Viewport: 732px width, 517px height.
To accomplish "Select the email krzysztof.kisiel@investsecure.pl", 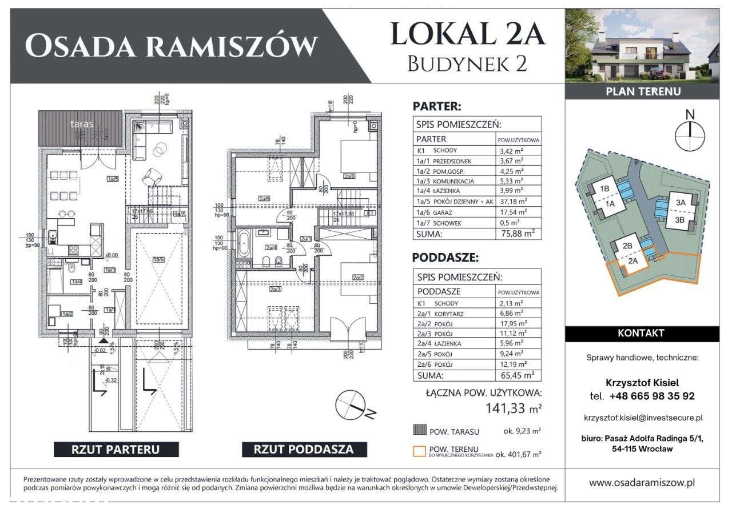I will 642,418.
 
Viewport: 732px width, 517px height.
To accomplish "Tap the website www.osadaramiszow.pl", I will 642,483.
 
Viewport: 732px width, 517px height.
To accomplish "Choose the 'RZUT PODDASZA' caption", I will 304,449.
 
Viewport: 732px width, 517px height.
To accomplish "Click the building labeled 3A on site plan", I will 681,202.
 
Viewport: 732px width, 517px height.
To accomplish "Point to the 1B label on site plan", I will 604,189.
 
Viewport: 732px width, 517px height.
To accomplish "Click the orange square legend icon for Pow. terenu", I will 420,452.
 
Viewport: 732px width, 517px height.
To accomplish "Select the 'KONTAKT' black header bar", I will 642,333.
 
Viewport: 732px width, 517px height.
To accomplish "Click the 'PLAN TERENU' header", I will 642,91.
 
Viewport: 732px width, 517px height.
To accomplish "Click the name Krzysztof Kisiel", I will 642,383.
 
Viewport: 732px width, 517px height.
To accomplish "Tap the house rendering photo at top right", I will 642,46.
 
